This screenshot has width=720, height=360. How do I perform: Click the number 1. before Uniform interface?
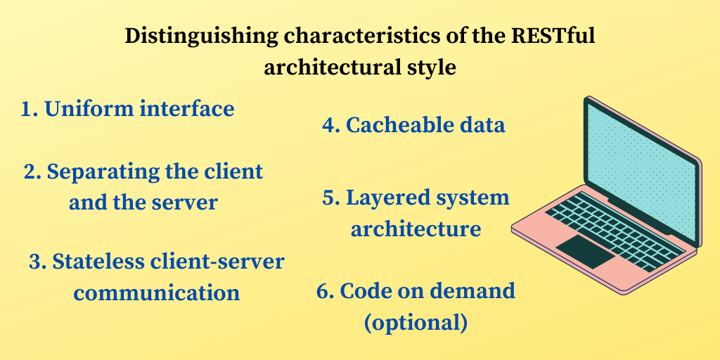tap(29, 110)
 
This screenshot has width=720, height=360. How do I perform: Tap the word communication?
tap(157, 292)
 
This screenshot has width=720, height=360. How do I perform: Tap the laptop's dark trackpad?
tap(584, 251)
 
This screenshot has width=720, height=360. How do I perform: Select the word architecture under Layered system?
tap(416, 229)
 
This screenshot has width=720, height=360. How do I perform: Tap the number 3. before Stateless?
tap(37, 262)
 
